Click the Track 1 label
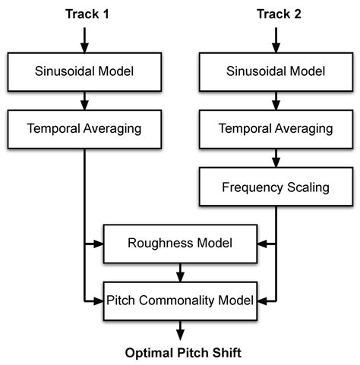tap(85, 13)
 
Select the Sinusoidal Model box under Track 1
tap(85, 72)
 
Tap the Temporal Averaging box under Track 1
tap(85, 128)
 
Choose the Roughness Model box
tap(179, 244)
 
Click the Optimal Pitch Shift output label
tap(179, 353)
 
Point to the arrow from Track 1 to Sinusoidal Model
tap(85, 39)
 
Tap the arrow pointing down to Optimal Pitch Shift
tap(179, 328)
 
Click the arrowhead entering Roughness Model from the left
tap(98, 244)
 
